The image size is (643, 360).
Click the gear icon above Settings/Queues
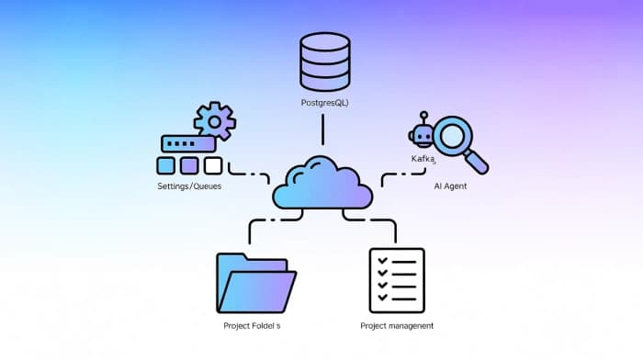(214, 121)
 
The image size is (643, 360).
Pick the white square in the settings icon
(213, 165)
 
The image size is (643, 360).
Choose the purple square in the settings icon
(189, 165)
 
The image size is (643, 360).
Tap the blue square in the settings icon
(166, 165)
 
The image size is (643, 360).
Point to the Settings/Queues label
(189, 186)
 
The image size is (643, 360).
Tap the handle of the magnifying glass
(478, 163)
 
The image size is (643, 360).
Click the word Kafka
(423, 160)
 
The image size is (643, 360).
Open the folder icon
(255, 283)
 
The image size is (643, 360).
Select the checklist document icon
(396, 280)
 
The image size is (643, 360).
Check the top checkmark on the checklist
(384, 263)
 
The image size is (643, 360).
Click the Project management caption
(397, 326)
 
